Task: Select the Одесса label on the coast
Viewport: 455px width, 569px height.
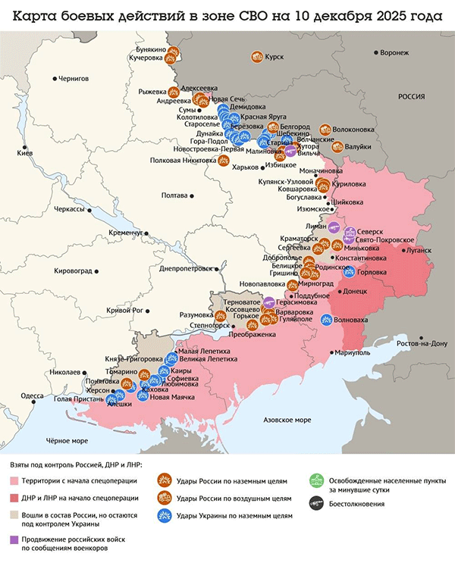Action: tap(31, 395)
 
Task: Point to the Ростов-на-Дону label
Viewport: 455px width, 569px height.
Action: tap(417, 343)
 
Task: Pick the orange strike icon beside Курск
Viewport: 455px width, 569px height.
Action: tap(258, 56)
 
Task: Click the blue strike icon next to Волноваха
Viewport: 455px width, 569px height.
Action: tap(327, 319)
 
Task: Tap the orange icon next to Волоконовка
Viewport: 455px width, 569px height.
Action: tap(325, 130)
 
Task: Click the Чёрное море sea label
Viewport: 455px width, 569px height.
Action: tap(67, 440)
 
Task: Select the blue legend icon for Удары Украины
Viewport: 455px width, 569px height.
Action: tap(162, 515)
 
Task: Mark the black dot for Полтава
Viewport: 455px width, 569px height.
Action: tap(191, 195)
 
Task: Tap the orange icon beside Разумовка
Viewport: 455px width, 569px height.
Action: tap(212, 314)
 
